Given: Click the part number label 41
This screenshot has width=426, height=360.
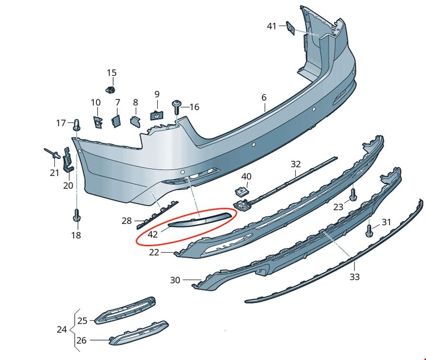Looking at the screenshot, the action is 271,26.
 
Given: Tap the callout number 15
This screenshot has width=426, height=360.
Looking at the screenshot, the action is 111,73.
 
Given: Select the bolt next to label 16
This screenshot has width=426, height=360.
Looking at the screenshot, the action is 176,107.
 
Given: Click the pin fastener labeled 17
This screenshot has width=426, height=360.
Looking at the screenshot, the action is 77,124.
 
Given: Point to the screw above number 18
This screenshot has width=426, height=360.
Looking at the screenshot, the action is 77,215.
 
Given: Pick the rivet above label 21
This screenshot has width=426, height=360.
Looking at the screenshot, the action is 53,153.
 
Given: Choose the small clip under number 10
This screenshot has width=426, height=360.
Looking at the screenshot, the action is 98,122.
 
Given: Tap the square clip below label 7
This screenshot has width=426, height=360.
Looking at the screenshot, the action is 116,121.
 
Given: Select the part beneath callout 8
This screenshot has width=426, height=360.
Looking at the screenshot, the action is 135,122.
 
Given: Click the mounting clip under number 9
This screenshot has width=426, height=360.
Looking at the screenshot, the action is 157,115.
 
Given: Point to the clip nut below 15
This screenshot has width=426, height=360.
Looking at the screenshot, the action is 110,89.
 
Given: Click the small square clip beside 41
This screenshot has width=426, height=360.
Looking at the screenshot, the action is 291,28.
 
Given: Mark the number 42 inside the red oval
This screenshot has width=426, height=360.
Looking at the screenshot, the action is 152,234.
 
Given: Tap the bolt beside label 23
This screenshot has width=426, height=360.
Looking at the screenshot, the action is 353,195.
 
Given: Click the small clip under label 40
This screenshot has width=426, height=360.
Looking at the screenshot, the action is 241,192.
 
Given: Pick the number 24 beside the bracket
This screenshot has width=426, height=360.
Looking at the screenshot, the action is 62,329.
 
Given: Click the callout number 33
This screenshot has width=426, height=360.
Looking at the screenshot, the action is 355,277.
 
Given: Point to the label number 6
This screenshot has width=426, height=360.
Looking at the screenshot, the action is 264,97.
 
